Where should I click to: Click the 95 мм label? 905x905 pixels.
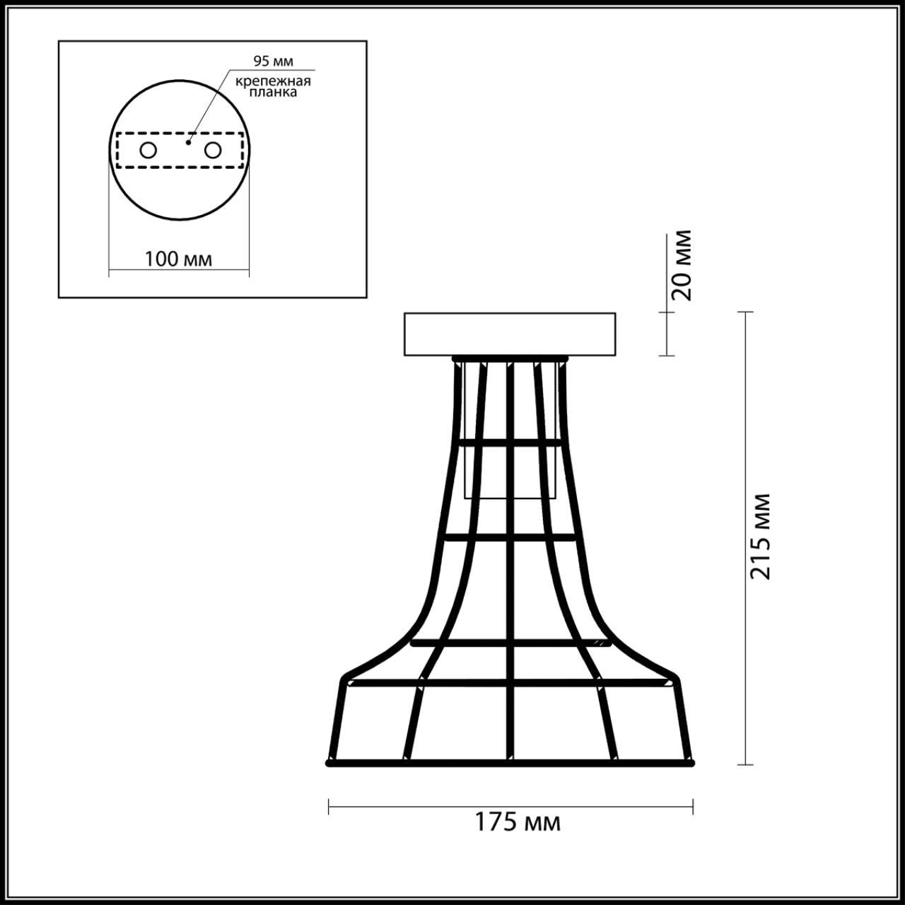click(273, 62)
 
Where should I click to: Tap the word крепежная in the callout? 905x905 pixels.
click(274, 81)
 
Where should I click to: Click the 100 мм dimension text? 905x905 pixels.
click(178, 259)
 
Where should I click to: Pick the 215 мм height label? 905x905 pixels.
click(760, 536)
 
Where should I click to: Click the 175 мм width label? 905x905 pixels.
click(517, 822)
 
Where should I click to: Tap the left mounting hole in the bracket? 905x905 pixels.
click(148, 150)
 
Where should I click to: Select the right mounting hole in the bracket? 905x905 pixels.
click(212, 150)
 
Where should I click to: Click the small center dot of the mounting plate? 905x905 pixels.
click(187, 142)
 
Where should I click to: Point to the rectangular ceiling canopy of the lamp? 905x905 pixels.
click(509, 334)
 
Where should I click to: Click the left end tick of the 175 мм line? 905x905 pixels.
click(329, 806)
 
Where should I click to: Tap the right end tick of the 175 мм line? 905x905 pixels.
click(692, 806)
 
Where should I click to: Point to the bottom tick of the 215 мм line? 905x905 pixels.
click(745, 764)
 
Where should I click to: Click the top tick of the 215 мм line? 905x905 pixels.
click(745, 312)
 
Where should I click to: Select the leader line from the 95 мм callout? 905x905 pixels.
click(209, 106)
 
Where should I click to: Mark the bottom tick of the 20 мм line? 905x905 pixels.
click(667, 355)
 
